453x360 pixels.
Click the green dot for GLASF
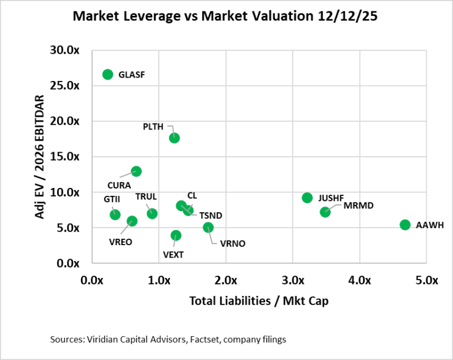(108, 74)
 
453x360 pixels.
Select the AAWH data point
(405, 225)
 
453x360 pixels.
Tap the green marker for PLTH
(174, 138)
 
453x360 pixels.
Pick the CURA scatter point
(136, 171)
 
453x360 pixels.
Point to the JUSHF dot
(307, 198)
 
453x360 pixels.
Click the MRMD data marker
(325, 212)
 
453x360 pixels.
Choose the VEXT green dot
(176, 235)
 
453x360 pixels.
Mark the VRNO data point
(208, 227)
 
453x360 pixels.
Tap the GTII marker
(115, 215)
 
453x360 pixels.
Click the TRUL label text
(146, 196)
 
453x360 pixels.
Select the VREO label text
(121, 242)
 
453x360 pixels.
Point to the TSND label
(211, 216)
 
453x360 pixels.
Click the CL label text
(192, 195)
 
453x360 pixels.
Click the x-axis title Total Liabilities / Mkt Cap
(259, 301)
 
